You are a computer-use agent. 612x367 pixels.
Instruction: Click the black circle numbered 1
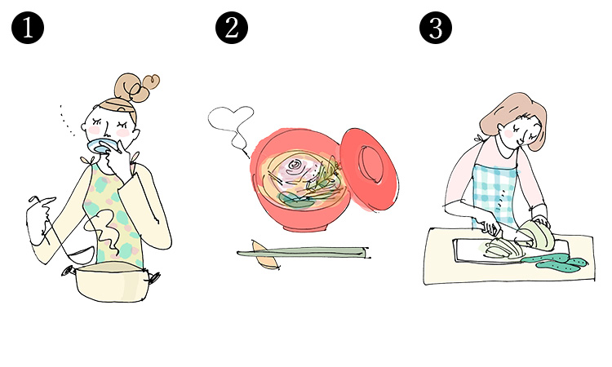(x=28, y=28)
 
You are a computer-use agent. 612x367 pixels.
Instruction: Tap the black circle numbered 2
(x=232, y=28)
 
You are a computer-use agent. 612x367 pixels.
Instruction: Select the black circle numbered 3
(x=436, y=28)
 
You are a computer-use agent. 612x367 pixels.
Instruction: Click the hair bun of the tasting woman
(x=136, y=87)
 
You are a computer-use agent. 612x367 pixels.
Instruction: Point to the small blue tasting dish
(x=101, y=145)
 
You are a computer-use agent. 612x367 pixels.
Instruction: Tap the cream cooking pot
(x=111, y=281)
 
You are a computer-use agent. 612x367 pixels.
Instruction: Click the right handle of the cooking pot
(x=153, y=277)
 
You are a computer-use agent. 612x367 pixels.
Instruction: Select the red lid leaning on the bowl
(x=369, y=170)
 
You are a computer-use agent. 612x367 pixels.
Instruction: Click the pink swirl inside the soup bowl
(x=294, y=167)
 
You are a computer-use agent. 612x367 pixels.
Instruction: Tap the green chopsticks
(x=303, y=253)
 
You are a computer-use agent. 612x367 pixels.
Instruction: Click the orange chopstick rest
(x=265, y=256)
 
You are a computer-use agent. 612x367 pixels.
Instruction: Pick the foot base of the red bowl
(x=305, y=227)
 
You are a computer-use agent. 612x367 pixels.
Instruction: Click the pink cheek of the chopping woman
(x=508, y=134)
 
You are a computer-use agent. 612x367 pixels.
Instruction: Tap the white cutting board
(x=508, y=251)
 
